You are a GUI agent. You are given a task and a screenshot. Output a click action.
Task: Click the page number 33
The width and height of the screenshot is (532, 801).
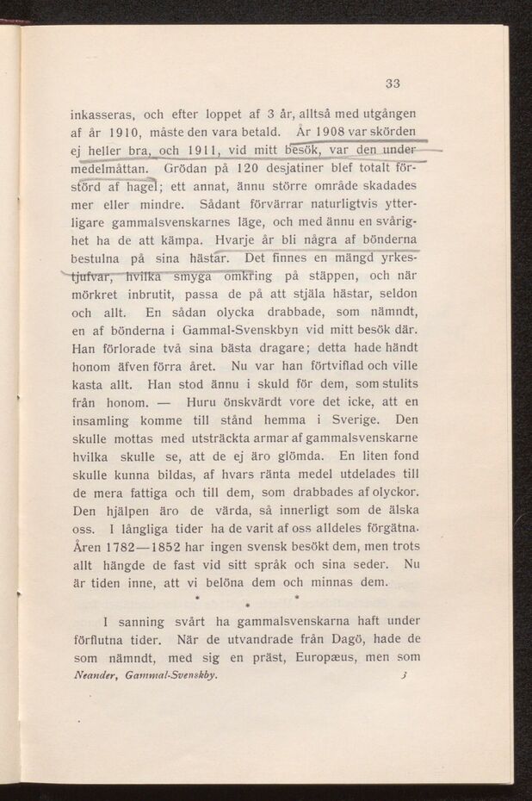393,84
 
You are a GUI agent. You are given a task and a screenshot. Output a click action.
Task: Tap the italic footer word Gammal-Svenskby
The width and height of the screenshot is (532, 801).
172,676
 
